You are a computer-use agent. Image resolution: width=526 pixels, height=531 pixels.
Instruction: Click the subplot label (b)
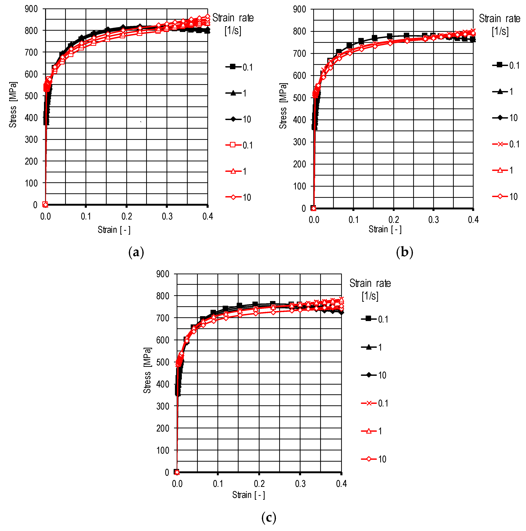[404, 252]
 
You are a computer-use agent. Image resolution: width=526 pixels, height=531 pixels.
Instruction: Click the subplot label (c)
[269, 518]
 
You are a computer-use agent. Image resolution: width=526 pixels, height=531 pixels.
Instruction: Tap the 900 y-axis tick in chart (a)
[31, 9]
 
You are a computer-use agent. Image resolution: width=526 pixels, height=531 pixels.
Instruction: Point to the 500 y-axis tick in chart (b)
[300, 98]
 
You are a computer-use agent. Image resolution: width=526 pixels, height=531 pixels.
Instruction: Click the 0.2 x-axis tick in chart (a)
[126, 217]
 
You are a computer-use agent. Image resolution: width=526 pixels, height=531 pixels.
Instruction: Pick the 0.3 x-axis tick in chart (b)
[434, 220]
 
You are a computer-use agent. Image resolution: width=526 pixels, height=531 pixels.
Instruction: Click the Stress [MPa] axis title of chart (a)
[13, 105]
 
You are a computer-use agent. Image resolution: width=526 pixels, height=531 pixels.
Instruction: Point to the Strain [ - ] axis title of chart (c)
[248, 495]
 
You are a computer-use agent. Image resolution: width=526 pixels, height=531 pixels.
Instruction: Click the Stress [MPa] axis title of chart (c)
[147, 370]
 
